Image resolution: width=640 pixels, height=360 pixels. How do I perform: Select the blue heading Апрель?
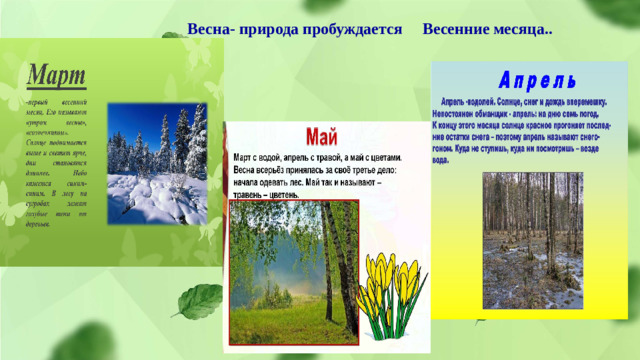click(x=528, y=80)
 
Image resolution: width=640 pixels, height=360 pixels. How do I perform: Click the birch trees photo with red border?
click(x=290, y=270)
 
